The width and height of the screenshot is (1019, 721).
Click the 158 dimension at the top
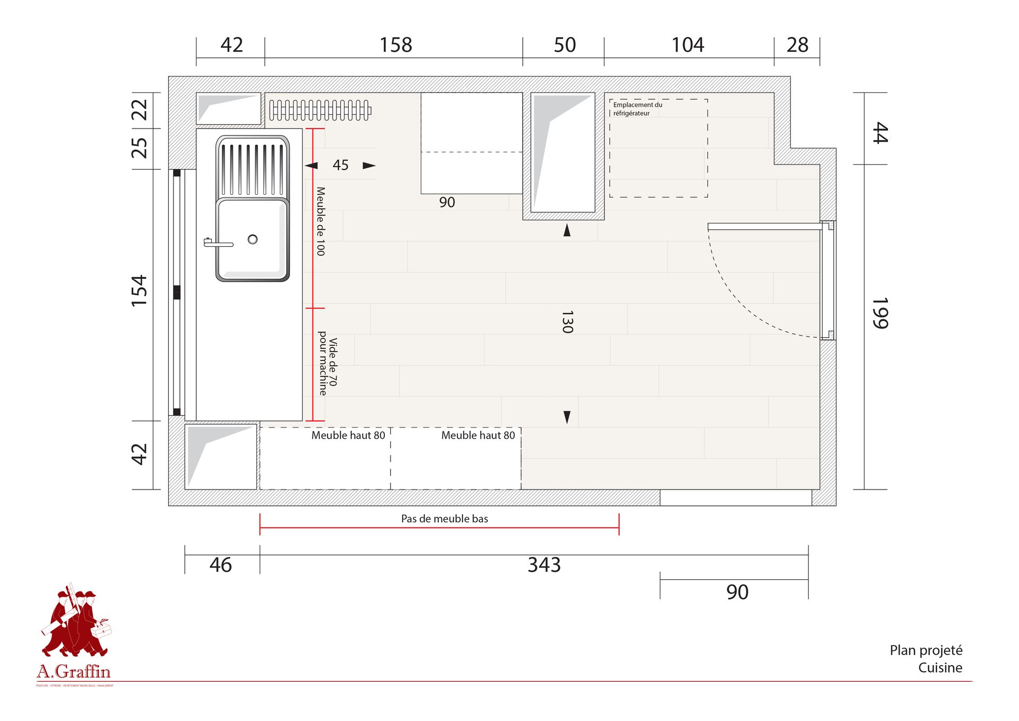click(395, 45)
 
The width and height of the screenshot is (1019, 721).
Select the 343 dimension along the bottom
click(544, 564)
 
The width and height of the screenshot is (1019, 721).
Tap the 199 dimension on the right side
click(879, 313)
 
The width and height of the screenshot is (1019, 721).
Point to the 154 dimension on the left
click(139, 290)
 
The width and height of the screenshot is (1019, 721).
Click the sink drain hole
click(253, 239)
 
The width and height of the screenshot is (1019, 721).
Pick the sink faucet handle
click(218, 244)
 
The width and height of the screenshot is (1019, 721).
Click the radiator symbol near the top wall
click(320, 110)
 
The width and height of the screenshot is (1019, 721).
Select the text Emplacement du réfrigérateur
click(637, 109)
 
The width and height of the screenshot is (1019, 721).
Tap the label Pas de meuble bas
click(444, 519)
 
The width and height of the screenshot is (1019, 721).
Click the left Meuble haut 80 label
click(348, 435)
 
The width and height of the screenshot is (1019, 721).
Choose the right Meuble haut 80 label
click(478, 435)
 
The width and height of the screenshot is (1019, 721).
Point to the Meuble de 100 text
click(321, 221)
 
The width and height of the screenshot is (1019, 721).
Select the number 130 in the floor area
click(567, 322)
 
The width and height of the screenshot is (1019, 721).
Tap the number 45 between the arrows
click(340, 165)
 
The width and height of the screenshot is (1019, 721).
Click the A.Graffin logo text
click(74, 672)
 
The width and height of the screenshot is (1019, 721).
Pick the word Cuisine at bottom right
click(940, 667)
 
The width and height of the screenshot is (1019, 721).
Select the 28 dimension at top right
click(797, 45)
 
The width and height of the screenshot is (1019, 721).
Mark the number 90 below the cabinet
click(447, 202)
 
